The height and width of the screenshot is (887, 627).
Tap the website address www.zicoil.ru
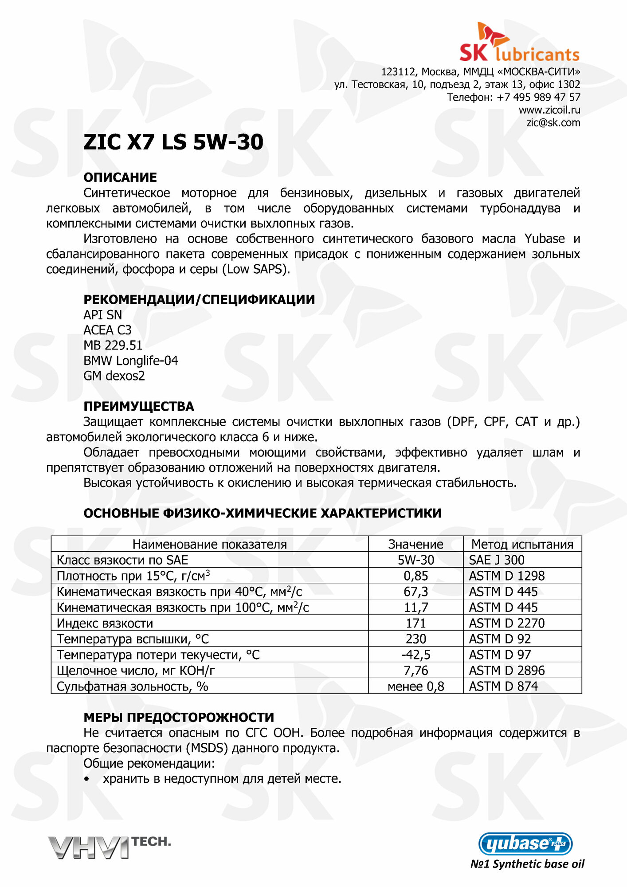point(549,110)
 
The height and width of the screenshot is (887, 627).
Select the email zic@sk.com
point(553,123)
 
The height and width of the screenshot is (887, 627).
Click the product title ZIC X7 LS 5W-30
point(173,142)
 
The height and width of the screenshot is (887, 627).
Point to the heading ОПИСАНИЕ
point(120,177)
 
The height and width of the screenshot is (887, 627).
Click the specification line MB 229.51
point(113,345)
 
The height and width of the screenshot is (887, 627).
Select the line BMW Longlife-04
point(130,361)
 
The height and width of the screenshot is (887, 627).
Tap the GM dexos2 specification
point(114,376)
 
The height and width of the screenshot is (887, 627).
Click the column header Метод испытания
point(522,544)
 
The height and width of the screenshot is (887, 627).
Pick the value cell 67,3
point(415,592)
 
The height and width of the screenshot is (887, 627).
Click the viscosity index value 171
point(415,623)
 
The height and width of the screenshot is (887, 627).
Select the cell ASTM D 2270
point(506,623)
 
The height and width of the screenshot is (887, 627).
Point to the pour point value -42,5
point(415,655)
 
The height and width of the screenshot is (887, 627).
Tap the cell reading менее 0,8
point(415,687)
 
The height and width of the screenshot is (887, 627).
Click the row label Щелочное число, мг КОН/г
point(136,671)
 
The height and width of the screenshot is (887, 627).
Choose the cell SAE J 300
point(497,560)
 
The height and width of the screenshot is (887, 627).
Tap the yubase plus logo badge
point(525,844)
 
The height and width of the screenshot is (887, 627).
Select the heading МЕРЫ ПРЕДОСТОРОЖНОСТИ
point(179,718)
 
